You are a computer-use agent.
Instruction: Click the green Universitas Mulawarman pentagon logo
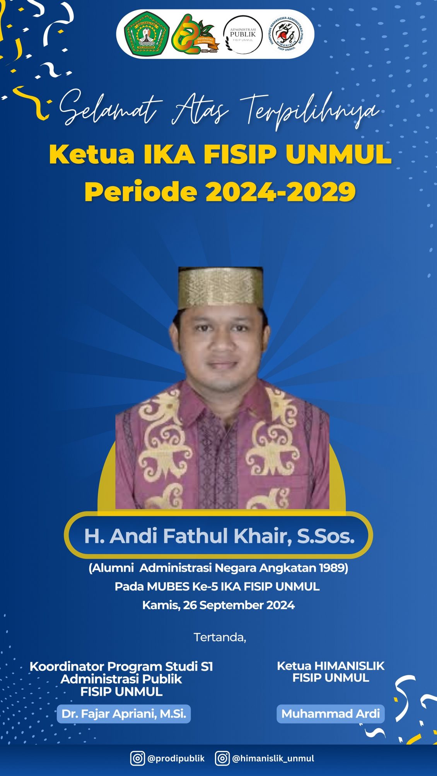(x=147, y=34)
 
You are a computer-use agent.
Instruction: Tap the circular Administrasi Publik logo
(x=243, y=34)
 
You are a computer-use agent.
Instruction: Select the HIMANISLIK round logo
(x=287, y=34)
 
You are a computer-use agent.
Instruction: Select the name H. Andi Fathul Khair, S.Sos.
(x=219, y=536)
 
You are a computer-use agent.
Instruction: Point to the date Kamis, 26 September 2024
(x=218, y=605)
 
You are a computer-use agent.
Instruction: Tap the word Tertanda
(x=219, y=637)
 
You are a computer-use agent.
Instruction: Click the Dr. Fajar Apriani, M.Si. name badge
(x=124, y=713)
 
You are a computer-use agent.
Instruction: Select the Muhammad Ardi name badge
(x=331, y=713)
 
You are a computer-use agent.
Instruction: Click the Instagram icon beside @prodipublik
(x=137, y=758)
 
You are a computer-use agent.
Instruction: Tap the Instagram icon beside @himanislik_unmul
(x=222, y=758)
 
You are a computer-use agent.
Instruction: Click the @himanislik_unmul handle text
(x=273, y=758)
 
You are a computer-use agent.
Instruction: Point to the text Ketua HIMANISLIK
(x=331, y=666)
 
